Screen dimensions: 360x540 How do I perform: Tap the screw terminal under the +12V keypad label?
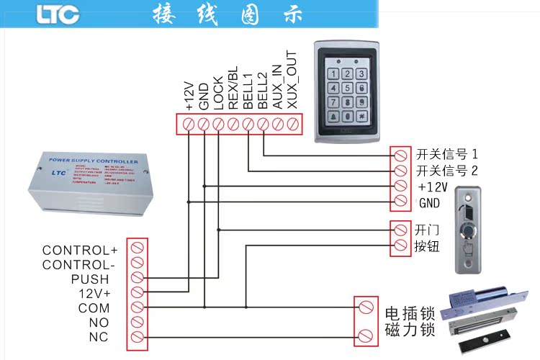(x=189, y=125)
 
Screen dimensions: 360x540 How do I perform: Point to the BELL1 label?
(x=248, y=91)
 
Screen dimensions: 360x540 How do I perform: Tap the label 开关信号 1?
(x=446, y=154)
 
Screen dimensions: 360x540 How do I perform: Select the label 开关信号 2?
(x=446, y=171)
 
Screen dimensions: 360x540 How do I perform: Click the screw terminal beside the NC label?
(x=137, y=337)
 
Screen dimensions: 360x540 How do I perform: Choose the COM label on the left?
(x=94, y=308)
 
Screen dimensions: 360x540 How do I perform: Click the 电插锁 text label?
(x=410, y=314)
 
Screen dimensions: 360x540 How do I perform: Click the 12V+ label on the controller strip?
(x=94, y=294)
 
